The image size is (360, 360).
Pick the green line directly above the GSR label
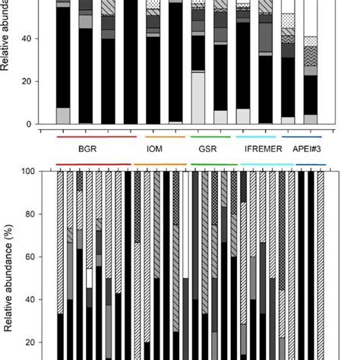(209, 137)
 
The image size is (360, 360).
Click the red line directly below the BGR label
(93, 163)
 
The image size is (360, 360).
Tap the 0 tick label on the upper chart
(28, 125)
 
